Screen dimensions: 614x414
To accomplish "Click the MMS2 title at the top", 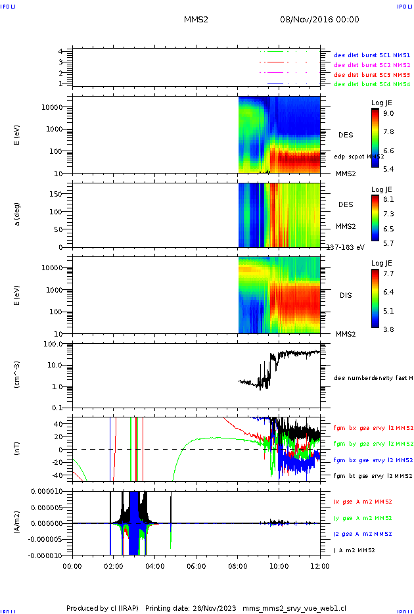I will pos(196,20).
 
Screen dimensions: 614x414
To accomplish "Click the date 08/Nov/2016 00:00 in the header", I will pos(319,20).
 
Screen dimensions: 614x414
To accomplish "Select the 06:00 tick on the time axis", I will pos(196,565).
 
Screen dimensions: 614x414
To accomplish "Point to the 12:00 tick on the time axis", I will pos(320,565).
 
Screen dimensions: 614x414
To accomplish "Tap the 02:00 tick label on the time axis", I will pos(114,565).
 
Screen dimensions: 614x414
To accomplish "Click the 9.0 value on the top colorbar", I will pos(389,113).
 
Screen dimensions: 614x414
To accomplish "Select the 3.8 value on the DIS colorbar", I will pos(389,329).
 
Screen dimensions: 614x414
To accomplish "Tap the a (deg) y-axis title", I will pos(17,214).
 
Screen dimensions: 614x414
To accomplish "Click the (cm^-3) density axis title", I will pos(17,375).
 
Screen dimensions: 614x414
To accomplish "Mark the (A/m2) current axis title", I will pos(17,523).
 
